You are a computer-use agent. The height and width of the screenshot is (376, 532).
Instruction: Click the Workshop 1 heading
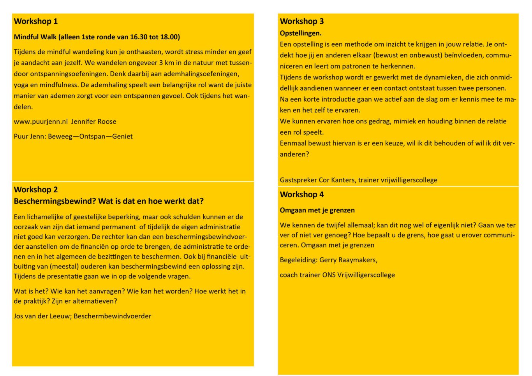(35, 21)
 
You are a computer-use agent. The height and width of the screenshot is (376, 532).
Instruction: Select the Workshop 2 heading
(35, 190)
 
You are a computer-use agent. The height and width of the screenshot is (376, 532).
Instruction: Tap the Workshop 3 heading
(302, 21)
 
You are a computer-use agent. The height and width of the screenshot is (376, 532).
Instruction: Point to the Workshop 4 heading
(302, 195)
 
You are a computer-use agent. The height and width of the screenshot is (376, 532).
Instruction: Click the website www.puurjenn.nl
(41, 121)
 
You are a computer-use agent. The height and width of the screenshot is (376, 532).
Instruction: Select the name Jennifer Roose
(93, 121)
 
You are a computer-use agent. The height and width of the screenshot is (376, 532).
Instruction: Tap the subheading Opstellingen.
(301, 33)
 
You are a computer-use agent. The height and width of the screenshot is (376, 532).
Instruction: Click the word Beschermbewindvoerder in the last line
(112, 316)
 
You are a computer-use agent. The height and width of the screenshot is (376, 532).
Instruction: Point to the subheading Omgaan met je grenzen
(317, 210)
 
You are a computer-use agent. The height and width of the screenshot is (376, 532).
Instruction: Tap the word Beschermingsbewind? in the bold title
(55, 201)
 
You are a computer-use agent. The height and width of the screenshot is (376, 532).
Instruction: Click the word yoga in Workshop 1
(21, 85)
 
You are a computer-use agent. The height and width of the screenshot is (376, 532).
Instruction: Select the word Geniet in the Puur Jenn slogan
(122, 137)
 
